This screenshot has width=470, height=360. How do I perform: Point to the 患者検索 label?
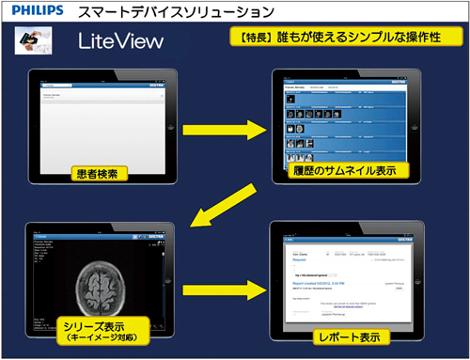(x=99, y=173)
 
